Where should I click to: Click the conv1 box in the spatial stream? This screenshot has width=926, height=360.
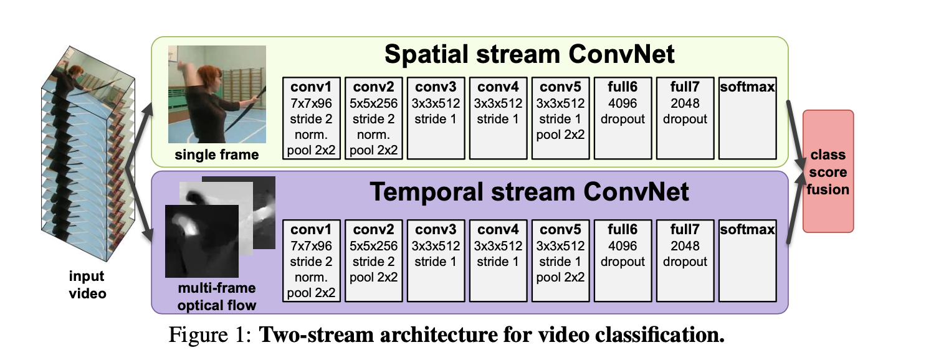pyautogui.click(x=312, y=118)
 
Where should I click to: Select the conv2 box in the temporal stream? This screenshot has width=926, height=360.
pyautogui.click(x=374, y=260)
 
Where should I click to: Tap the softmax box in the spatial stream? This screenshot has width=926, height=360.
pyautogui.click(x=747, y=118)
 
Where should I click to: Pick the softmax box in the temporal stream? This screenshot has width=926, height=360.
pyautogui.click(x=747, y=260)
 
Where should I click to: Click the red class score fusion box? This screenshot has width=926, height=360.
pyautogui.click(x=828, y=171)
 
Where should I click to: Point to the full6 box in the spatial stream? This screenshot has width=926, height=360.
pyautogui.click(x=623, y=118)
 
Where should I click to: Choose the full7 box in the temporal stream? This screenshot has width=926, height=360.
pyautogui.click(x=685, y=260)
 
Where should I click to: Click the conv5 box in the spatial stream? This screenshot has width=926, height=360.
pyautogui.click(x=561, y=118)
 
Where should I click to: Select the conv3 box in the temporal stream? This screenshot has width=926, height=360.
pyautogui.click(x=436, y=260)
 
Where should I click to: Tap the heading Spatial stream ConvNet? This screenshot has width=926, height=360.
pyautogui.click(x=529, y=55)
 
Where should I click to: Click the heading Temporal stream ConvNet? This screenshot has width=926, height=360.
pyautogui.click(x=529, y=192)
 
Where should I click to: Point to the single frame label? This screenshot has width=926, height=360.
pyautogui.click(x=216, y=154)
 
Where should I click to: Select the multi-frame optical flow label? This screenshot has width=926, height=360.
pyautogui.click(x=217, y=297)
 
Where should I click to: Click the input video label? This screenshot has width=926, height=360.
pyautogui.click(x=87, y=285)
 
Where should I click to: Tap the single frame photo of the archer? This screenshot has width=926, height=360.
pyautogui.click(x=217, y=95)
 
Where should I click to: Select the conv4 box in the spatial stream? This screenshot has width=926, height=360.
pyautogui.click(x=499, y=118)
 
